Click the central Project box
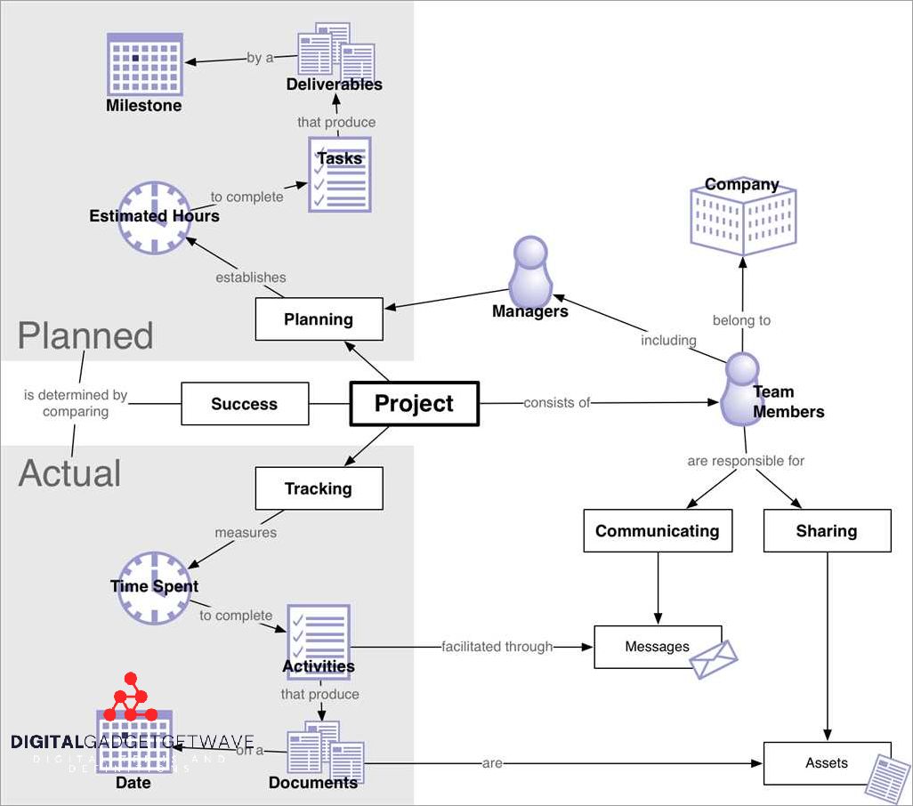point(414,404)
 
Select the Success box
point(245,404)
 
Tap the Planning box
point(319,319)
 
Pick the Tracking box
point(319,488)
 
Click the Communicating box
point(658,531)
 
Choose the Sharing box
point(827,531)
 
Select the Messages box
point(657,647)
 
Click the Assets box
point(827,762)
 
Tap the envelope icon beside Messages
point(715,659)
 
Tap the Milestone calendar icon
point(144,64)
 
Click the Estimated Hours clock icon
point(155,217)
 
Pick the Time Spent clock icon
point(155,587)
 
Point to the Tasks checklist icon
point(339,174)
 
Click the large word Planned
point(85,336)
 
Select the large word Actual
point(69,473)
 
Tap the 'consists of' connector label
point(556,403)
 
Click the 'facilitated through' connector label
point(497,647)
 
